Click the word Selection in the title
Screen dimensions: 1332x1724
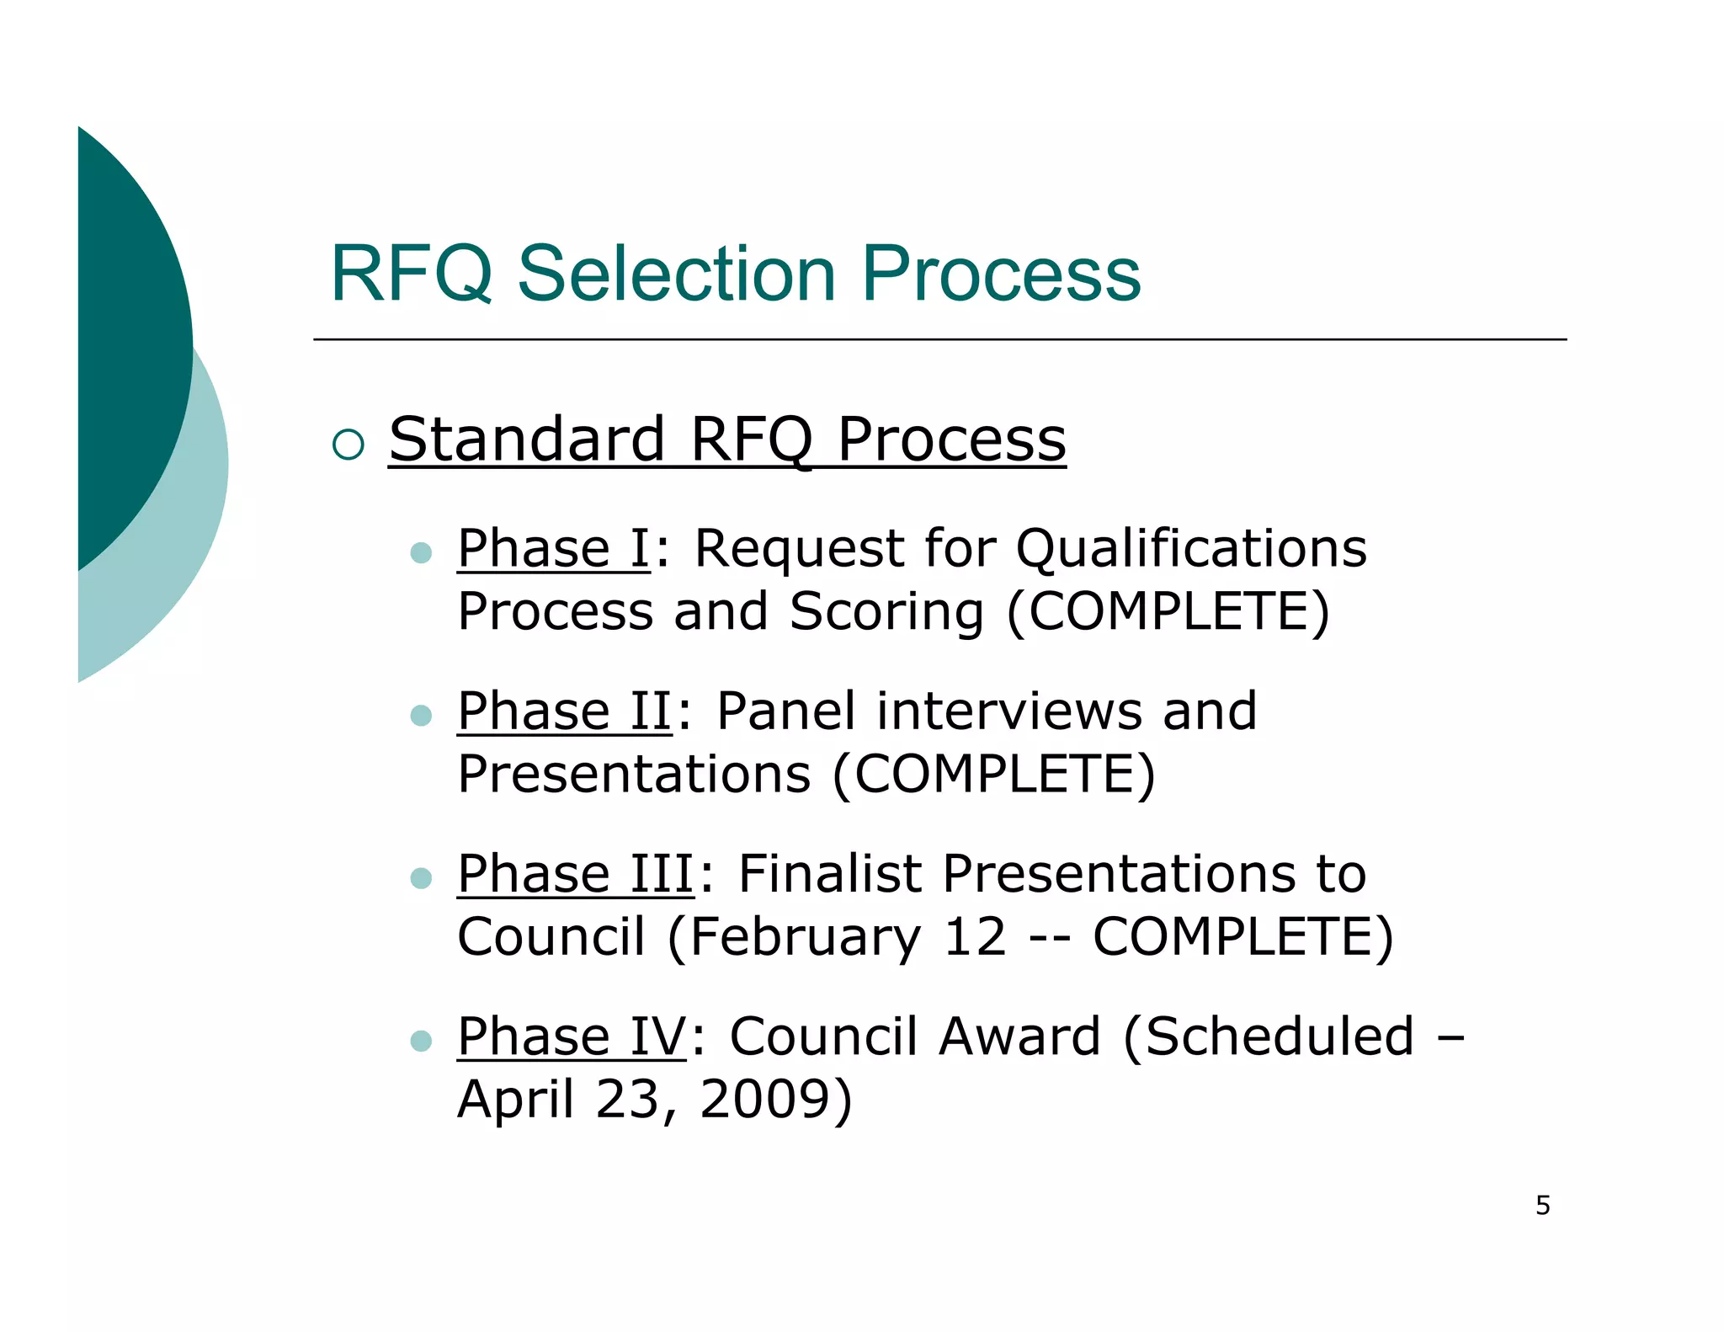point(676,274)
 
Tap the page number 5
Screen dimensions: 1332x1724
point(1542,1206)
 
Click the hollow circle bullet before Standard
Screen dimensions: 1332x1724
point(349,444)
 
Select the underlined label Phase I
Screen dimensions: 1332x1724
point(553,549)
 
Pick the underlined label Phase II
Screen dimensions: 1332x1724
point(564,711)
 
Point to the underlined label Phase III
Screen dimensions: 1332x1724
point(575,874)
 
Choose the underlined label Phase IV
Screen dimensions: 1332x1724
point(572,1036)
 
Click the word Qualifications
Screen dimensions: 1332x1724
point(1190,549)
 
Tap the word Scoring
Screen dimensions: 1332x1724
point(886,611)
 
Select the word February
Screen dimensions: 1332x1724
point(806,937)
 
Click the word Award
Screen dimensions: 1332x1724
point(1019,1036)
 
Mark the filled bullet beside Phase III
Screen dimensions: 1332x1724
point(421,878)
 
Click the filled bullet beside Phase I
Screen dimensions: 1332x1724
point(421,553)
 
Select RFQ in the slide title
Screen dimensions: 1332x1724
point(411,274)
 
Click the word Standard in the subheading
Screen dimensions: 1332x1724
point(527,440)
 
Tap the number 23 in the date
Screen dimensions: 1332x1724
point(625,1100)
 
